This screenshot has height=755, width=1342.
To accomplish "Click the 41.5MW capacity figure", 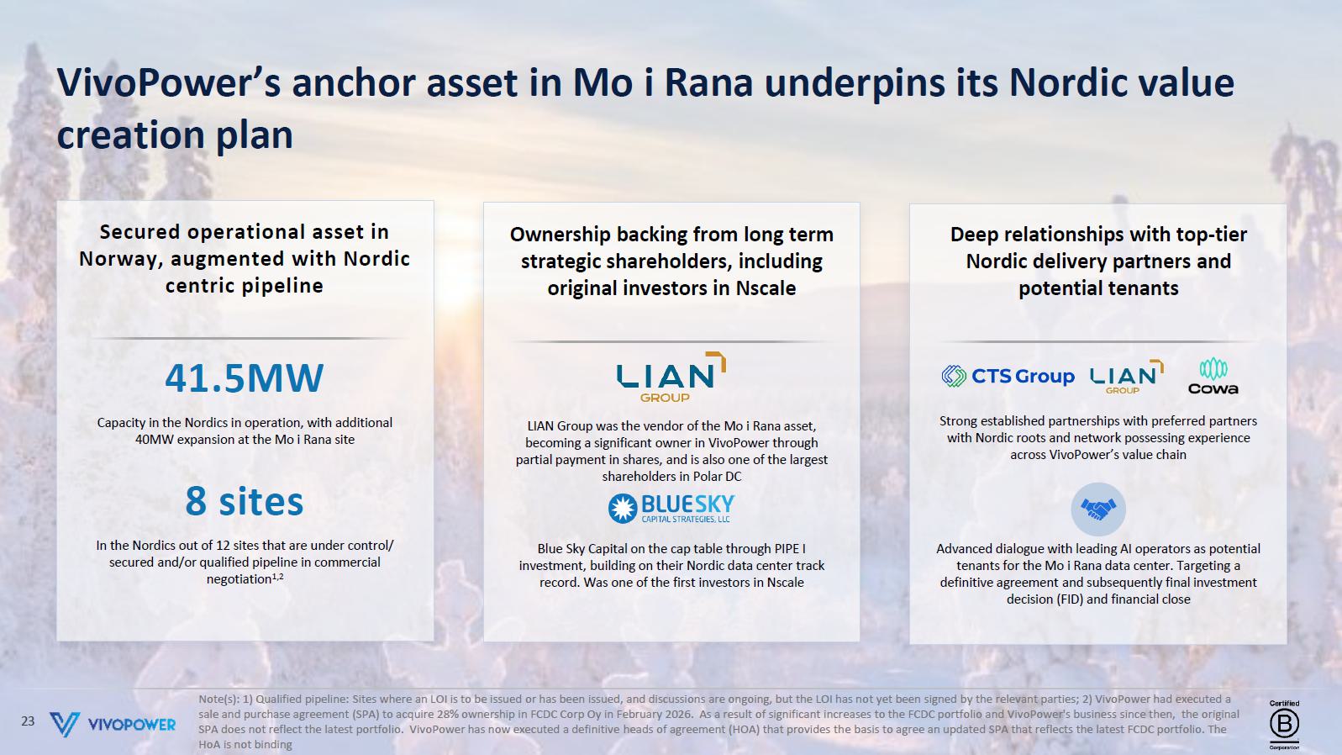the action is click(245, 378).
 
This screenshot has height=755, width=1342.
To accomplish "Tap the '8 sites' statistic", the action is click(245, 501).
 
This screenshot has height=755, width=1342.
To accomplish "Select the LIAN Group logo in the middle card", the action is click(671, 377).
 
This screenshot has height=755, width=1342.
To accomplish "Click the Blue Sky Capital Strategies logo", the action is click(671, 509).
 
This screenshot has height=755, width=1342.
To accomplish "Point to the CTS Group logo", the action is click(1008, 377).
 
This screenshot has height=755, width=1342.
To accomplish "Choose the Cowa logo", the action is click(1213, 377).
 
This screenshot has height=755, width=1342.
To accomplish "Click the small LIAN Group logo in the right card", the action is click(1126, 377).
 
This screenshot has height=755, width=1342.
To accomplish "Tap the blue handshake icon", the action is click(1098, 509).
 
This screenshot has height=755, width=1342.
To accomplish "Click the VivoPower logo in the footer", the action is click(113, 724).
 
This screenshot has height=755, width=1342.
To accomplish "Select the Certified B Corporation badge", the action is click(1284, 725).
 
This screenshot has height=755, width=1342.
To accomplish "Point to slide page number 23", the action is click(28, 721).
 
